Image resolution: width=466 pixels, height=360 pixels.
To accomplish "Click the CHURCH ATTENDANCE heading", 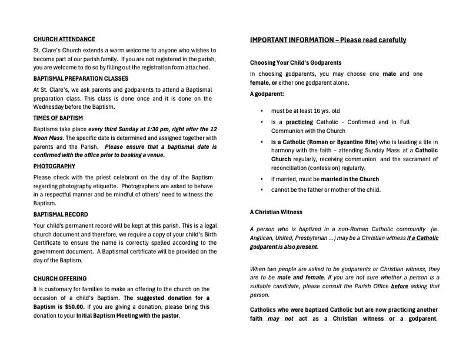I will (x=64, y=39).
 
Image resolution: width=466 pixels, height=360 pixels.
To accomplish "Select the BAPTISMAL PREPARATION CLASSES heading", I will (x=81, y=79).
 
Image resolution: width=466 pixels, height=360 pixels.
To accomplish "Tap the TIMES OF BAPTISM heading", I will (x=58, y=118).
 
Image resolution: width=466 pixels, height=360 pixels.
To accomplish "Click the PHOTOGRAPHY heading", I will (x=54, y=166).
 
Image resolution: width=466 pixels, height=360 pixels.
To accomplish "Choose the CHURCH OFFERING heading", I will (x=60, y=279).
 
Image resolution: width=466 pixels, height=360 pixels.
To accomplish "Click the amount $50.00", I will (x=74, y=307).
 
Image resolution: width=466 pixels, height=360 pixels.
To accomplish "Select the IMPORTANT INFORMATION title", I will (x=328, y=40).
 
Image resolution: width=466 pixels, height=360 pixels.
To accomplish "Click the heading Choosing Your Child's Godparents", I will (x=295, y=63).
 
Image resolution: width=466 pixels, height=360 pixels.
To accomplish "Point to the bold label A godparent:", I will (x=267, y=94).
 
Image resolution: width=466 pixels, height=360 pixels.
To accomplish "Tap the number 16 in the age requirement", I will (x=320, y=111).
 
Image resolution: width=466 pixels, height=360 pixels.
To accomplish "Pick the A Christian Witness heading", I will (x=276, y=212).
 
